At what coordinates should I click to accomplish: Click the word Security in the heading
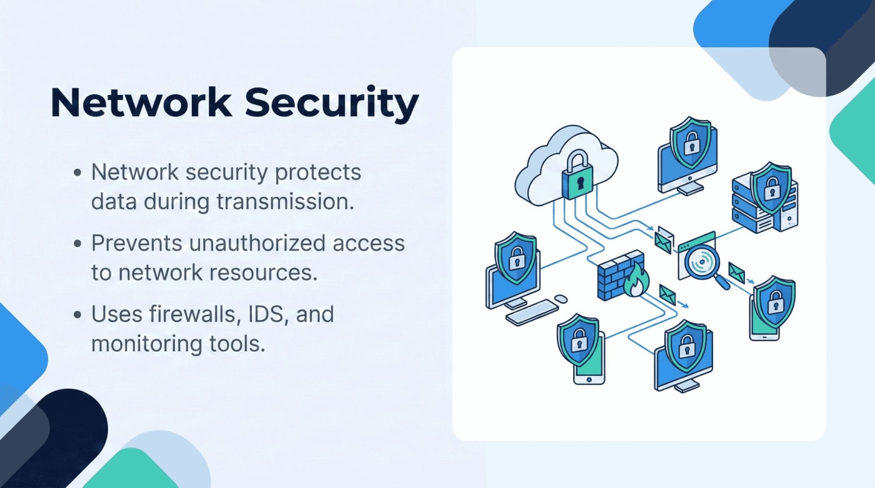point(331,102)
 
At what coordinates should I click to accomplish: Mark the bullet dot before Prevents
point(77,244)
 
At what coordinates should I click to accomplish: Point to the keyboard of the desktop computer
point(531,312)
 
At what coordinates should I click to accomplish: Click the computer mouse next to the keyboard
point(561,299)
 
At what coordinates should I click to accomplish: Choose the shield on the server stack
point(769,187)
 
